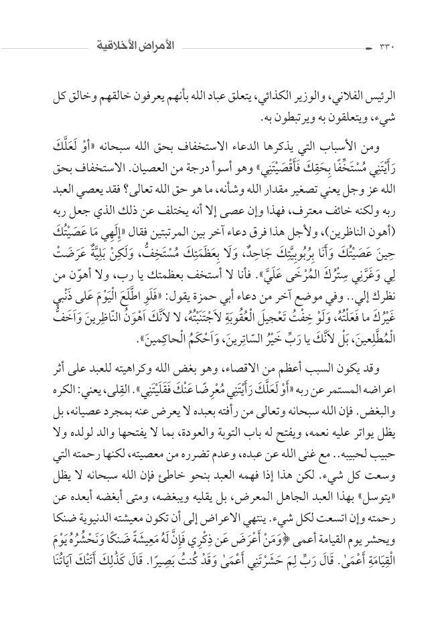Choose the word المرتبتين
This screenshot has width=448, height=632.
[x=168, y=216]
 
